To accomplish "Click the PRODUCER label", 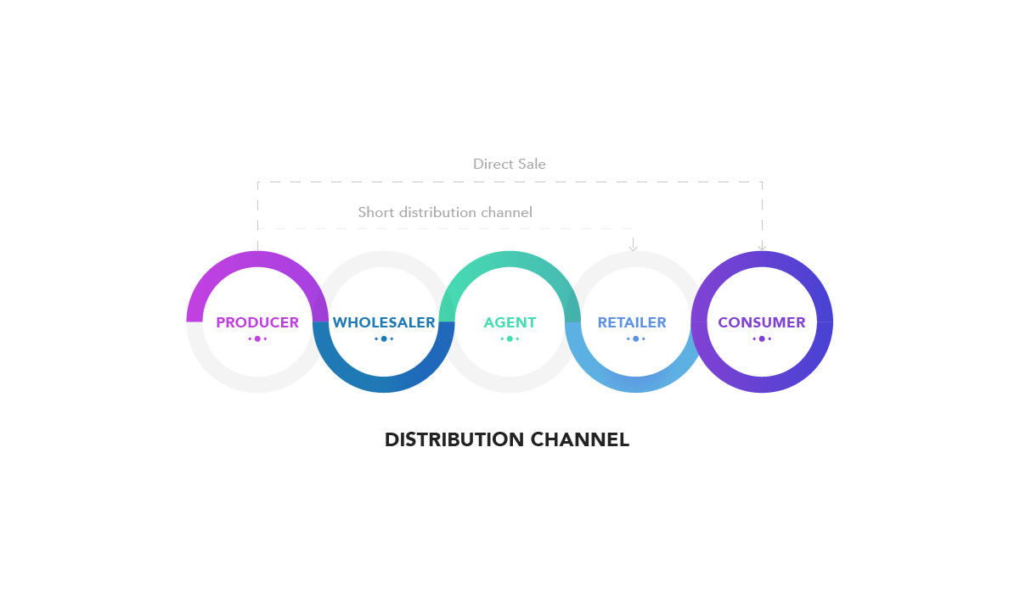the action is pos(257,322).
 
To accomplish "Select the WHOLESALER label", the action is pos(384,322).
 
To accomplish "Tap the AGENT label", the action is pos(510,322).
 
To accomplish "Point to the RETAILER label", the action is pos(632,322).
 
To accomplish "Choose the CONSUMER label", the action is pos(762,322).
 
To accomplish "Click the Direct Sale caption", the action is pos(509,164).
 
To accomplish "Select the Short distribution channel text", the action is pos(445,212).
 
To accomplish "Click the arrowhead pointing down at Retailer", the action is pos(633,248).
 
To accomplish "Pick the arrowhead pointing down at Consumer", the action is pos(762,248).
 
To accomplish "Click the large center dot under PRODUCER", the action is pos(257,339).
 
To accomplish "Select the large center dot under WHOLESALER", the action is pos(384,339).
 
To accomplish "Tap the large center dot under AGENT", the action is pos(510,339).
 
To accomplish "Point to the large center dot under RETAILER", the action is pos(635,339).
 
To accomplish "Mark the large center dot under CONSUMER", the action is pos(762,339).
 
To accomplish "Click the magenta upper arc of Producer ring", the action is pos(257,259).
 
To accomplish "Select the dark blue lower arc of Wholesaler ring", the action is pos(384,385).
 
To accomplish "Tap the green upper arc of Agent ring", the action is pos(510,259).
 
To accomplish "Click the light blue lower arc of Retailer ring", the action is pos(635,385).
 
